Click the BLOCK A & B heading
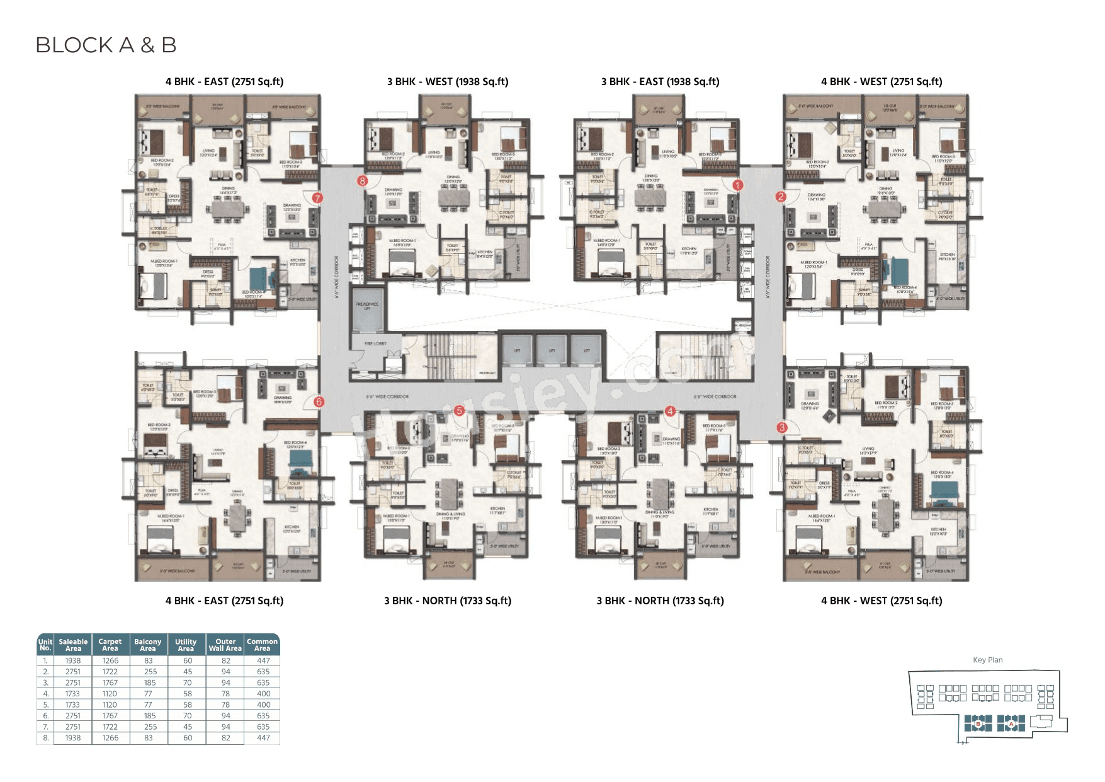106,45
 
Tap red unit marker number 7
317,198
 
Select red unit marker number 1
737,185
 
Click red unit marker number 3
782,427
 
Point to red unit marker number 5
459,411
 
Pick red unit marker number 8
362,181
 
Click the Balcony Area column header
148,645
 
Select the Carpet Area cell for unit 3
110,682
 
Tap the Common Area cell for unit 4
263,694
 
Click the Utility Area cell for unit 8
187,738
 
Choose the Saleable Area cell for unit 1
73,661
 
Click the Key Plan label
987,660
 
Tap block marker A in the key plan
1011,724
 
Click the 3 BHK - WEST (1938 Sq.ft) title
448,82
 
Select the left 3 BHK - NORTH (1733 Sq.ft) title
448,601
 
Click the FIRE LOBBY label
375,343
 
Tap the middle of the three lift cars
552,350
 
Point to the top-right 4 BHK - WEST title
881,82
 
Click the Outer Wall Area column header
225,645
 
